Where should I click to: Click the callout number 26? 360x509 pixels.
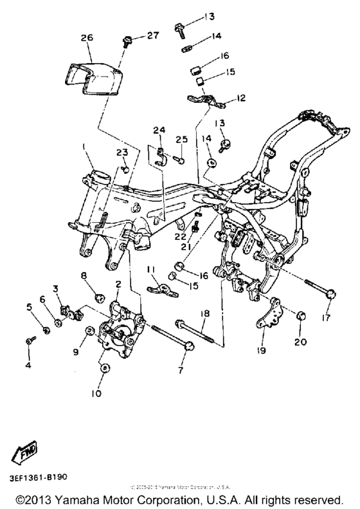[x=87, y=39]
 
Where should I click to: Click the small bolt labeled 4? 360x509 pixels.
[x=29, y=340]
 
